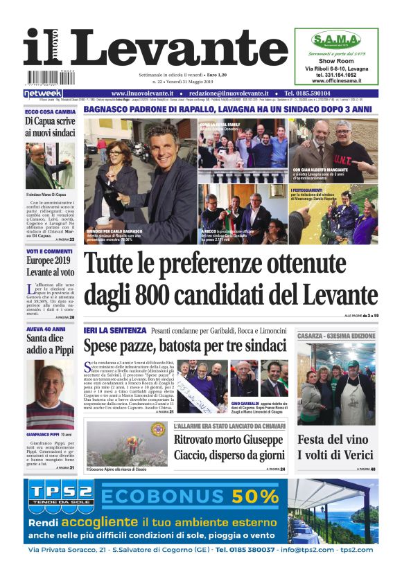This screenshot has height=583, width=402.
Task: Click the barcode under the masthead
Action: coord(49,75)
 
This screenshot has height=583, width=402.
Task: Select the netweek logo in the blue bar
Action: coord(43,93)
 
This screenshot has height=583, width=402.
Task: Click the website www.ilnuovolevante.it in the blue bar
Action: coord(143,93)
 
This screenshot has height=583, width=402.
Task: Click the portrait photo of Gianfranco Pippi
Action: coord(49,385)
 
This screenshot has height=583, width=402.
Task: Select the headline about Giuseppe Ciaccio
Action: coord(228,447)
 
